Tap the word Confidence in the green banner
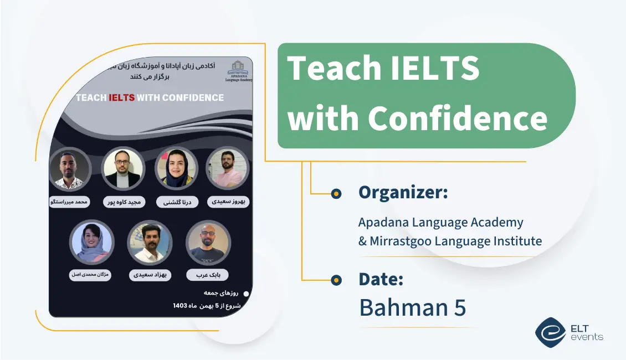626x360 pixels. point(458,119)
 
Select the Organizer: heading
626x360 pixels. point(403,193)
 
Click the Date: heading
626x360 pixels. point(381,279)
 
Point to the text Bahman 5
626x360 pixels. point(412,307)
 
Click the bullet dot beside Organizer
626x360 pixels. point(336,193)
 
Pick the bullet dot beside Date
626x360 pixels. point(336,280)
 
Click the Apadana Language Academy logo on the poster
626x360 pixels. point(239,71)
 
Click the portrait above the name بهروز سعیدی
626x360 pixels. point(227,169)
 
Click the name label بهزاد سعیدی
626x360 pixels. point(150,274)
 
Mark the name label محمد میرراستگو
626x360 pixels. point(69,202)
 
